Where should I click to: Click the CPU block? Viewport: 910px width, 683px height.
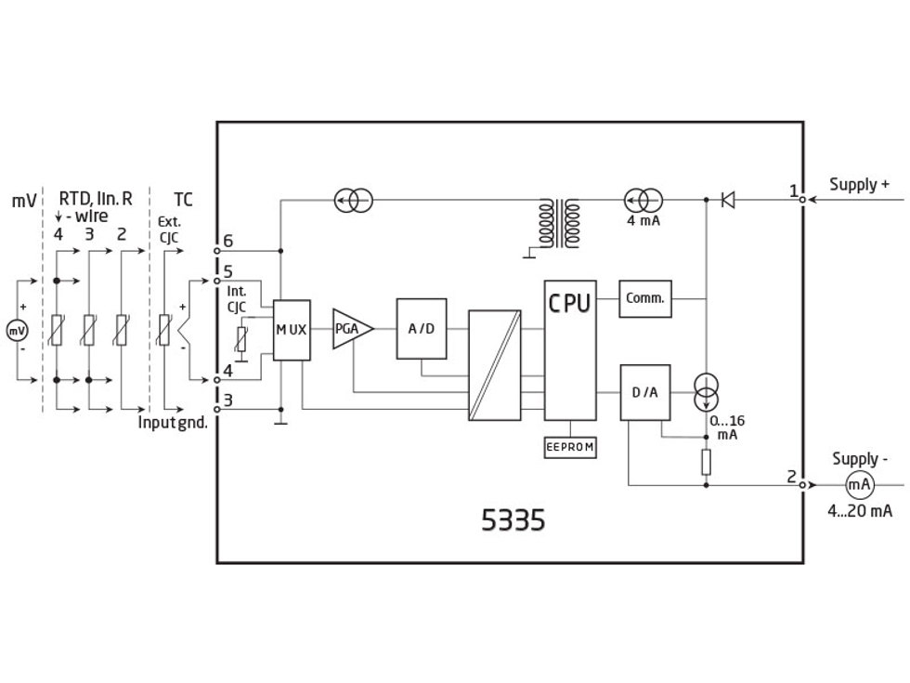click(570, 348)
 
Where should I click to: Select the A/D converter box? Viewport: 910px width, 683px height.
click(422, 329)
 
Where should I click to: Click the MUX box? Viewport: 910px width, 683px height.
click(291, 330)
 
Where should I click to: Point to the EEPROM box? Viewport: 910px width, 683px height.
click(570, 448)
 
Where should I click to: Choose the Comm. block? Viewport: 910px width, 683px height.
click(644, 298)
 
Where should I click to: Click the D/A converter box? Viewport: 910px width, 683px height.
click(644, 392)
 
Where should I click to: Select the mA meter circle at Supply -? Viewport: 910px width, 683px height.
click(859, 484)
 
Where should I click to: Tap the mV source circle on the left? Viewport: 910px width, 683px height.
click(17, 330)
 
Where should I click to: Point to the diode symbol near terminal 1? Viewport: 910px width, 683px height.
click(729, 199)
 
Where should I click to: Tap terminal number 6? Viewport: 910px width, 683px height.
click(228, 242)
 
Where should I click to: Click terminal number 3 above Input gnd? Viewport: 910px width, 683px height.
click(228, 401)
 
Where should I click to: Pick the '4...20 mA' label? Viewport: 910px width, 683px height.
click(860, 511)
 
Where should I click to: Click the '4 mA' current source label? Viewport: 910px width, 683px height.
click(643, 221)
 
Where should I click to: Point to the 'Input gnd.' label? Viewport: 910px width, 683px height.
click(173, 422)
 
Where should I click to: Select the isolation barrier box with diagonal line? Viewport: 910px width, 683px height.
click(496, 365)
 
